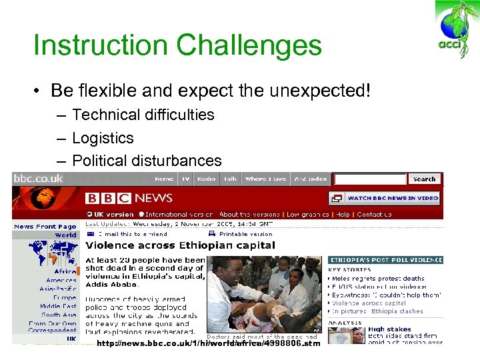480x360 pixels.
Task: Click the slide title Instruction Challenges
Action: point(177,46)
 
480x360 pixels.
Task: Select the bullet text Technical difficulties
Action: point(143,115)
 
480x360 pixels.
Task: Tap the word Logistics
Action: point(103,138)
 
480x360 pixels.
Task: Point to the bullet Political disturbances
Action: point(147,161)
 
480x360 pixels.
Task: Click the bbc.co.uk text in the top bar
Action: point(39,178)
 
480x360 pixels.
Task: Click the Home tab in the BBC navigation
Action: point(164,179)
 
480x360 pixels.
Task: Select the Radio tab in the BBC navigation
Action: point(207,179)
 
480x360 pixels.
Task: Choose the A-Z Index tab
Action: point(309,179)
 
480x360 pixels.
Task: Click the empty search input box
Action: point(370,179)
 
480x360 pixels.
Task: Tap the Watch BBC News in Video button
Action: point(385,198)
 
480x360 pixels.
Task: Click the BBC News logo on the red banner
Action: point(129,198)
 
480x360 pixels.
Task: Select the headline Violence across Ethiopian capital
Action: point(180,245)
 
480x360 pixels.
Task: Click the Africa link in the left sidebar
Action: point(65,271)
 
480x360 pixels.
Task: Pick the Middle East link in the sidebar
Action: point(58,306)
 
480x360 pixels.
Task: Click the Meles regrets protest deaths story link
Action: point(379,278)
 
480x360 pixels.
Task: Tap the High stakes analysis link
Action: point(389,329)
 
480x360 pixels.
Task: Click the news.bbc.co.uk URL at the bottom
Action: point(208,343)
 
